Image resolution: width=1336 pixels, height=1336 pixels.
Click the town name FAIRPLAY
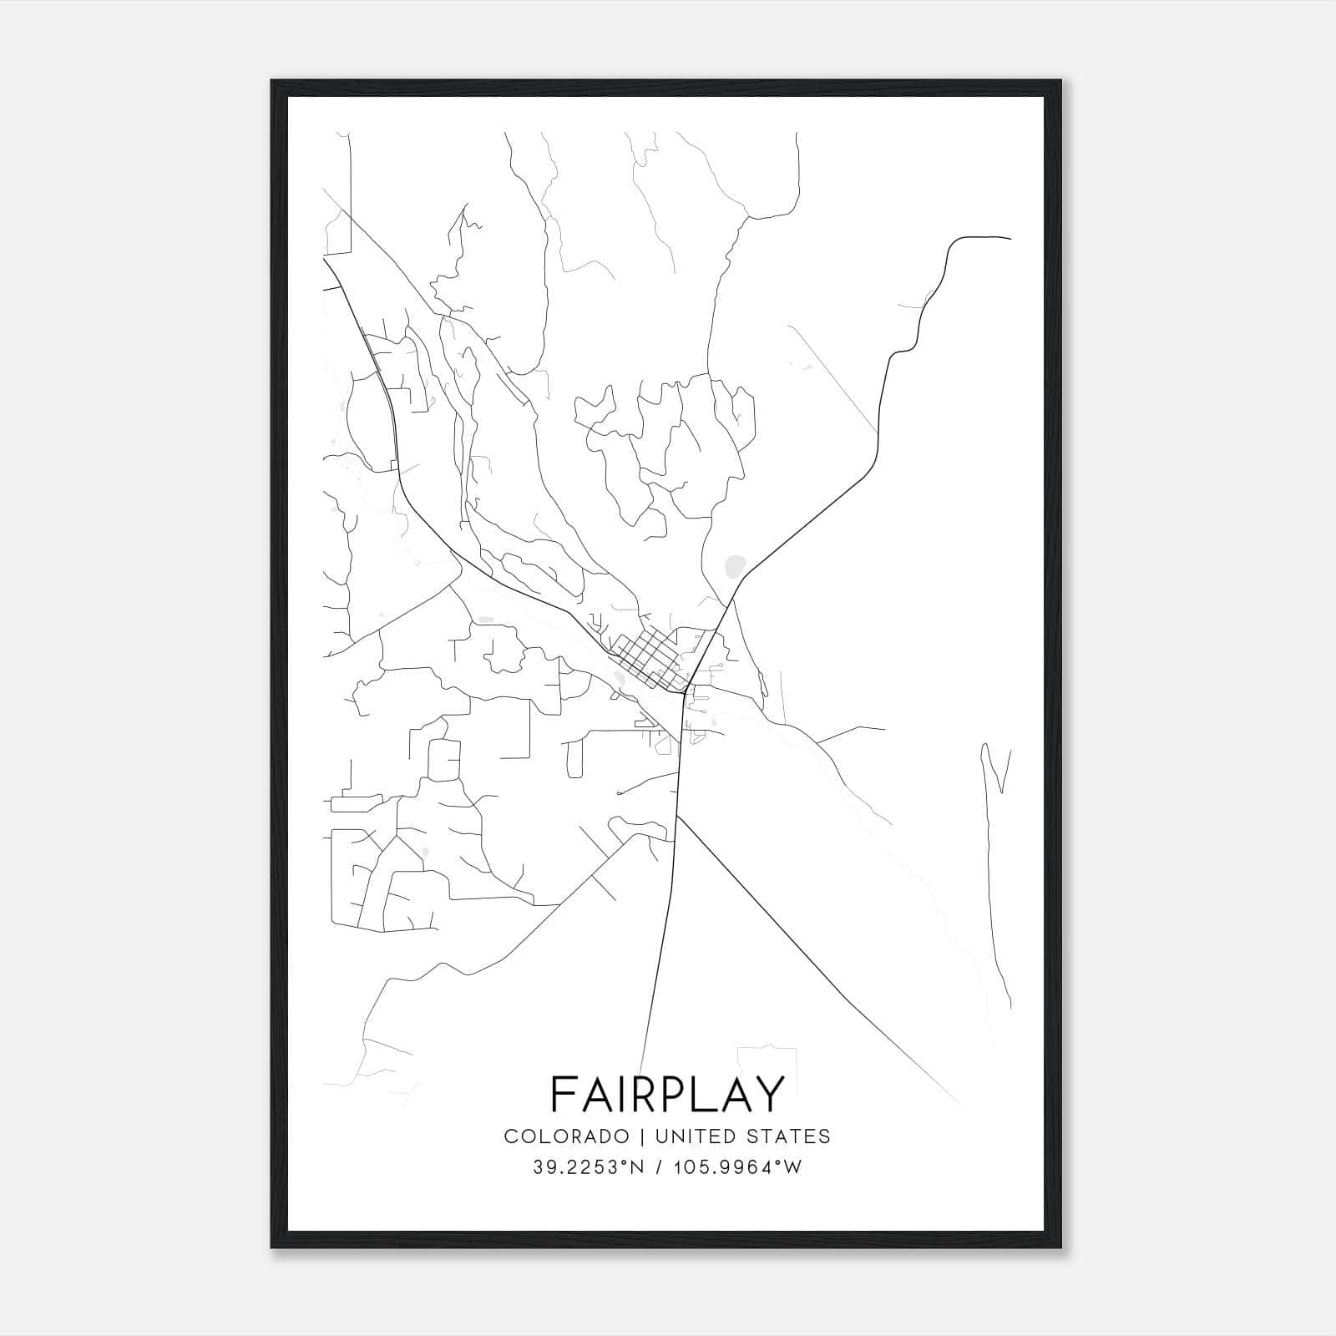click(x=668, y=1094)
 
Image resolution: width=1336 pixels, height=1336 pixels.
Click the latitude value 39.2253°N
click(x=588, y=1167)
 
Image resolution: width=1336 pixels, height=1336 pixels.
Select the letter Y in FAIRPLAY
click(x=770, y=1094)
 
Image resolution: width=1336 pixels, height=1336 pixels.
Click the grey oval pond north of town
click(x=735, y=567)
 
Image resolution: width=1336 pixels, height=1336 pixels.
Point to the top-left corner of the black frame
click(x=272, y=82)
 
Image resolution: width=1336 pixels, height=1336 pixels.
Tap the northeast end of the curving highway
click(x=1010, y=239)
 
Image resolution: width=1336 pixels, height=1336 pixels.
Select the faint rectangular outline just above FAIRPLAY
click(x=767, y=1059)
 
